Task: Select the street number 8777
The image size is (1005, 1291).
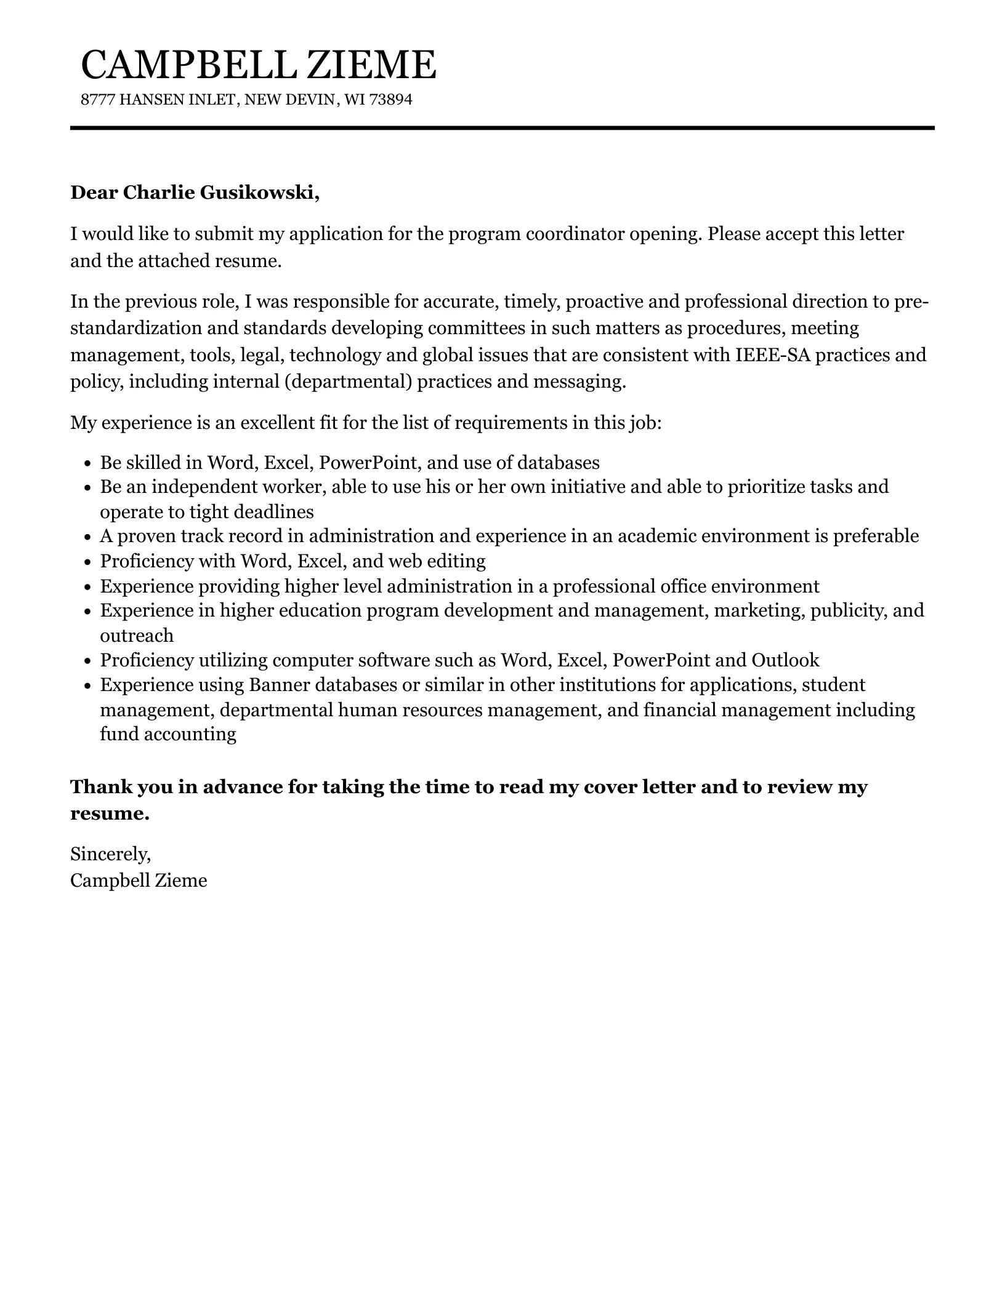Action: click(x=97, y=100)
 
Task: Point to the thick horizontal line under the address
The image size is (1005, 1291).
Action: click(x=502, y=128)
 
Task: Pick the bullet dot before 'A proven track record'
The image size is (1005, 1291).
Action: click(x=87, y=537)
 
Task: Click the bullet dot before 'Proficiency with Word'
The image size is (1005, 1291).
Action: click(x=87, y=562)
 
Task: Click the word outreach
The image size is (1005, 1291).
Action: click(x=137, y=636)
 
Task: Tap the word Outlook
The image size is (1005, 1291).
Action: click(x=785, y=660)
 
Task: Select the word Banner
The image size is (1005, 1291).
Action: click(x=281, y=685)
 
